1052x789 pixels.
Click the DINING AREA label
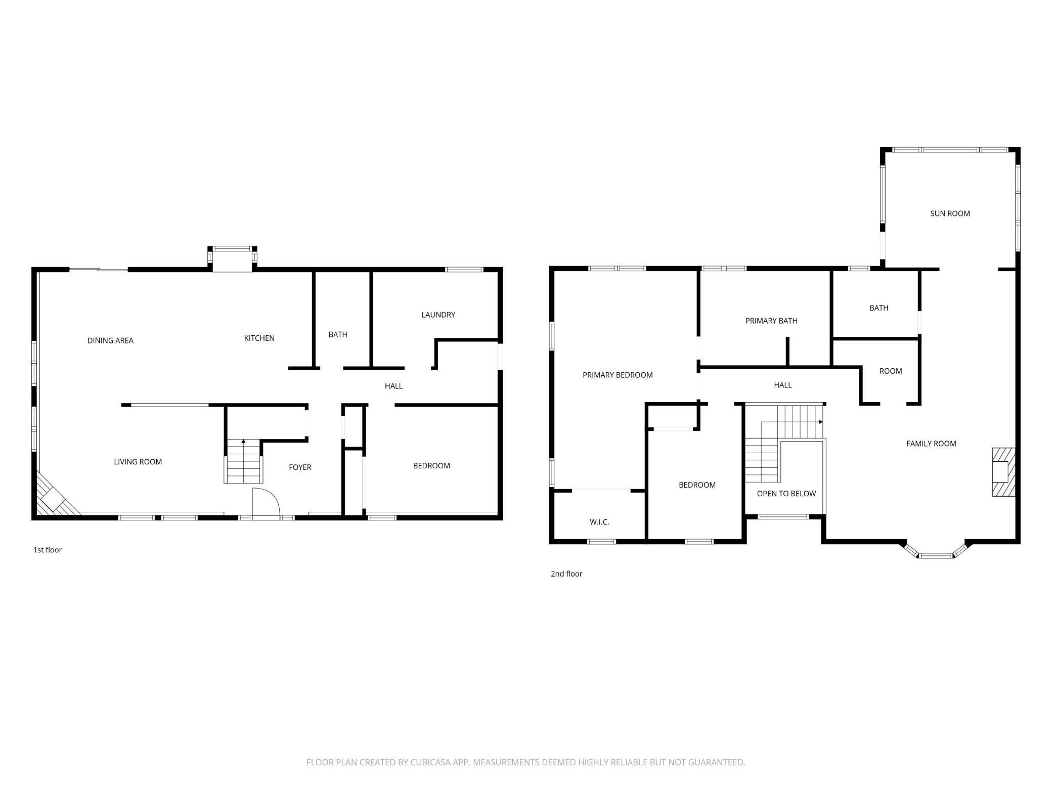tap(110, 340)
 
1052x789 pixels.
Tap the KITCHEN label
tap(259, 338)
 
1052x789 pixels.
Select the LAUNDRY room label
tap(438, 315)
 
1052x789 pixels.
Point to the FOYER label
tap(300, 467)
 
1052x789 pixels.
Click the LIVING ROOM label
tap(138, 462)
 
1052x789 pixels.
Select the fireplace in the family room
tap(1003, 472)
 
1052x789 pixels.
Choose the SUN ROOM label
tap(950, 213)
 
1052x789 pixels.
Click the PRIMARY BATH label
tap(771, 321)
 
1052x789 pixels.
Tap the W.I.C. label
tap(599, 522)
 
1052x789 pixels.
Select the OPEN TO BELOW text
tap(786, 494)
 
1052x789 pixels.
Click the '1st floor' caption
tap(48, 550)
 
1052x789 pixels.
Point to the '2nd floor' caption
tap(566, 574)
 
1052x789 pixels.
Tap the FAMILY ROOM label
tap(931, 444)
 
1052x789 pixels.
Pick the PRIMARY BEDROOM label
tap(618, 375)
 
